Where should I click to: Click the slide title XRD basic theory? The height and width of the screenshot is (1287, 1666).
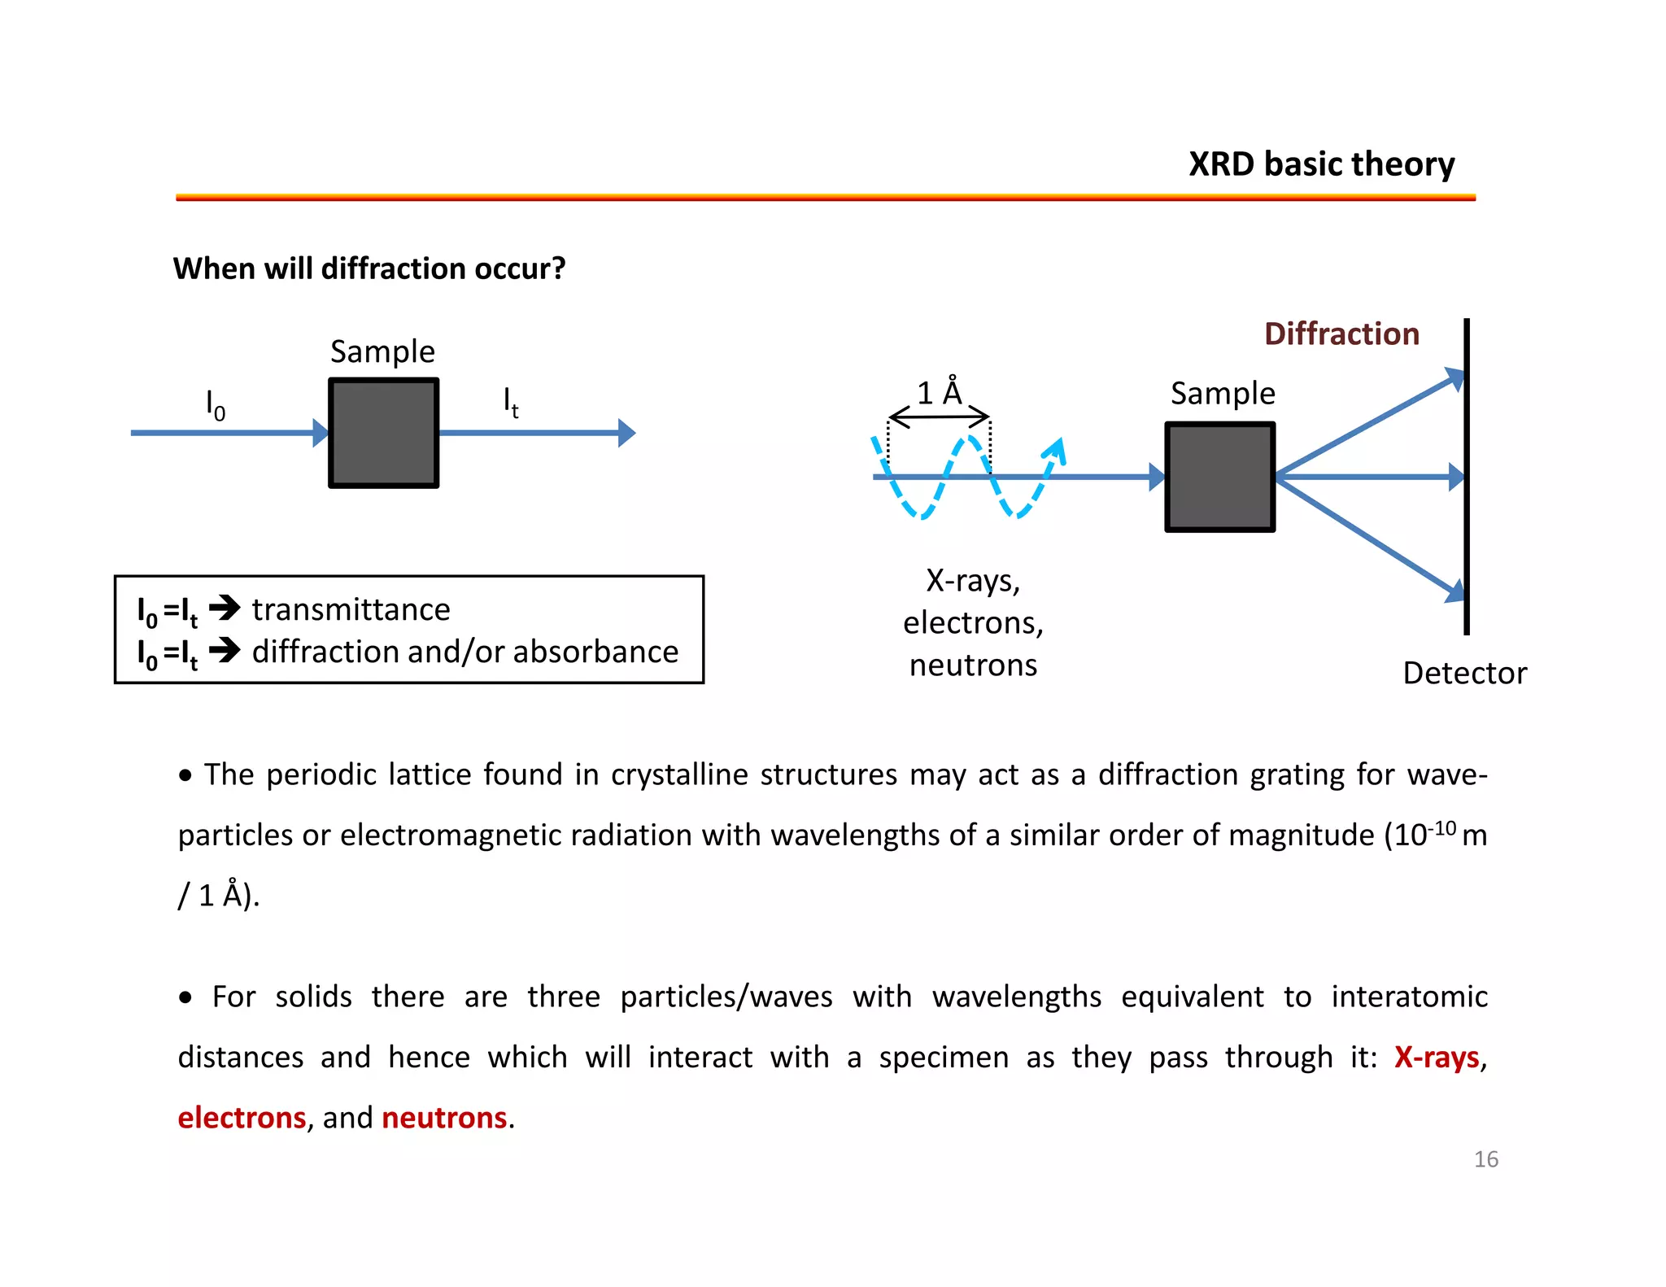point(1321,164)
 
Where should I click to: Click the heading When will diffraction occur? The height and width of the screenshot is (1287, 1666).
point(369,268)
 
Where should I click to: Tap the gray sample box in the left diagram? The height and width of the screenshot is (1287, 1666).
point(383,433)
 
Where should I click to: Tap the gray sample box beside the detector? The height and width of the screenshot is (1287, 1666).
point(1219,477)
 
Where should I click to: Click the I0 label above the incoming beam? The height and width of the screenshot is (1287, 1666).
point(215,404)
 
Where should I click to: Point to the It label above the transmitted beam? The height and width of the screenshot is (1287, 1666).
point(510,402)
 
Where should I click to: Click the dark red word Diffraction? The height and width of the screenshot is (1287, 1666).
point(1341,334)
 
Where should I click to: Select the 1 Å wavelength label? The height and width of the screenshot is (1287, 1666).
point(940,394)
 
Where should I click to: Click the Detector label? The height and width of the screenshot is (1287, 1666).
point(1464,674)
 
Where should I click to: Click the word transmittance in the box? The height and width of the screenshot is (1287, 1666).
point(351,610)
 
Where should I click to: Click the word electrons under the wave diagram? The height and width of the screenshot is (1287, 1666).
point(972,623)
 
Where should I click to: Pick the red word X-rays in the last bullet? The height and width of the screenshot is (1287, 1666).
point(1436,1058)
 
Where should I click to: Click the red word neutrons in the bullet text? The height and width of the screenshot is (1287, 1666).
point(444,1118)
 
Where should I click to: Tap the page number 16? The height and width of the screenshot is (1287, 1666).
point(1485,1159)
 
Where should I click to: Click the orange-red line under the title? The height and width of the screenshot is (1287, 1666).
point(825,197)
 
